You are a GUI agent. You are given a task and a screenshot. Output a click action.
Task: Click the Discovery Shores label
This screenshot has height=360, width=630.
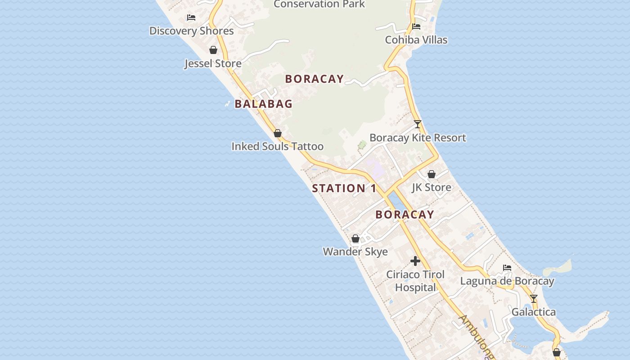[x=191, y=31]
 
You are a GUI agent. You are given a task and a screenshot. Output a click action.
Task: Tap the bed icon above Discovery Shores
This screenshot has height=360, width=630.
[x=191, y=18]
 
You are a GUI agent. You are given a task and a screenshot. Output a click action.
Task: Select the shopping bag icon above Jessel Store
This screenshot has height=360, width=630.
[x=213, y=50]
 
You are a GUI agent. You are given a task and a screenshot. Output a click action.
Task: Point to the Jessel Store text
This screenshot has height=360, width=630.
[x=213, y=63]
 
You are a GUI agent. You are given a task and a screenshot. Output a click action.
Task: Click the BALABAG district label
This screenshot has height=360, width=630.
[x=264, y=104]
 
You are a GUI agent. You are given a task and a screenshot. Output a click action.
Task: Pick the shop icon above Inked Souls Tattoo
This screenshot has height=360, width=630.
[x=278, y=133]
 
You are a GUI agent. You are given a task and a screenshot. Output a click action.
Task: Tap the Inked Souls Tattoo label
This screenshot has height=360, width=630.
[x=277, y=146]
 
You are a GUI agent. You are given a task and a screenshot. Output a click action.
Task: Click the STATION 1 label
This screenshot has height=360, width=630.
[x=344, y=189]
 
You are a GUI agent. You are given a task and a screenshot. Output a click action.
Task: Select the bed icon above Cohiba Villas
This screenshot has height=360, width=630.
[x=416, y=27]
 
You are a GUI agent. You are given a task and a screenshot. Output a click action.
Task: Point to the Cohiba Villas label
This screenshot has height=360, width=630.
[x=416, y=40]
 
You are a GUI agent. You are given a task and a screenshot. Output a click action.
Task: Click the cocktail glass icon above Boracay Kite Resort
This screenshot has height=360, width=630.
[x=418, y=124]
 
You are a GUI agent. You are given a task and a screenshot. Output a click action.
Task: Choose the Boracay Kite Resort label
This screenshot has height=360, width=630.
[x=418, y=138]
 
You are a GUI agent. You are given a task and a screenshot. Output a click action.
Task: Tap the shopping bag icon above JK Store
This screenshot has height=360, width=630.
[x=432, y=174]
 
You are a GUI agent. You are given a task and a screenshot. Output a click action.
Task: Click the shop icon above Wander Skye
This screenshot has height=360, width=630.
[x=355, y=238]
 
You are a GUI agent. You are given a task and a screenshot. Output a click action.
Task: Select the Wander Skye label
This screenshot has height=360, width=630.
[x=355, y=252]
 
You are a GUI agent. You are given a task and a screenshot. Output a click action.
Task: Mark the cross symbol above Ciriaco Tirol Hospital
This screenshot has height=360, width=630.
[x=415, y=261]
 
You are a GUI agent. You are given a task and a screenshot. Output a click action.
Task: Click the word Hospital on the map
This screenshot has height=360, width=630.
[x=415, y=288]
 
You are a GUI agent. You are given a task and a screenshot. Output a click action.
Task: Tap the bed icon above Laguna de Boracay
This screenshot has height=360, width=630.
[x=507, y=268]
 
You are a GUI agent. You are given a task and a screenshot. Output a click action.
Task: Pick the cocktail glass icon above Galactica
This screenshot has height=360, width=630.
[x=534, y=299]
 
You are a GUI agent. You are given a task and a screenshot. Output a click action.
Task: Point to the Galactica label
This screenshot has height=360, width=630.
[x=533, y=312]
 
